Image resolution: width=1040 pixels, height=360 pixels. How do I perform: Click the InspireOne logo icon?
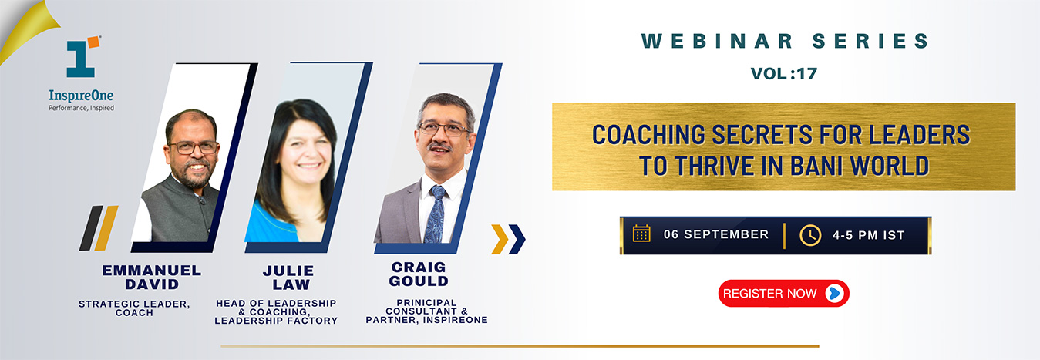[x=82, y=56]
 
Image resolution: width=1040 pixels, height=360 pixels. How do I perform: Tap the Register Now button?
[x=784, y=293]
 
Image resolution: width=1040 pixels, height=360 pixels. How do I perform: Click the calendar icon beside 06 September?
[x=641, y=234]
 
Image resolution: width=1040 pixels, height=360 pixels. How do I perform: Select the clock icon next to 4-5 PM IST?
[x=810, y=235]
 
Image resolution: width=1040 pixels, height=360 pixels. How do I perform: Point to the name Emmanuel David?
[x=152, y=278]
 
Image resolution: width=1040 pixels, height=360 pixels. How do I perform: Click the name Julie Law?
[x=289, y=278]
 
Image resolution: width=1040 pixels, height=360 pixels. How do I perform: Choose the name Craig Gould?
[x=419, y=274]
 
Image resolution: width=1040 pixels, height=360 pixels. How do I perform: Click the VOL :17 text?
[x=784, y=73]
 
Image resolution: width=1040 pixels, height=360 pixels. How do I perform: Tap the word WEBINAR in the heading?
[x=717, y=41]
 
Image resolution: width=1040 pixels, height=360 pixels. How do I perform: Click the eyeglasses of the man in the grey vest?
[x=194, y=148]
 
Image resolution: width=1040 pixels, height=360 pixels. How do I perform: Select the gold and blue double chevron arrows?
[x=508, y=239]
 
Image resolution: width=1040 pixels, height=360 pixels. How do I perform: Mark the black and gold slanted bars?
[x=99, y=228]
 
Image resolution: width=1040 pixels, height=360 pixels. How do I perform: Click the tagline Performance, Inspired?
[x=81, y=108]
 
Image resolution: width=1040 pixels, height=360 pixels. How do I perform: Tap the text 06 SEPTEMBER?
[x=716, y=234]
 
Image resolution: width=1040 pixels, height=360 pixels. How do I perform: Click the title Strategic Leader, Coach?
[x=134, y=308]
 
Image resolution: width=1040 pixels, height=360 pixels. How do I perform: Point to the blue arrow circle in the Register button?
[x=834, y=293]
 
